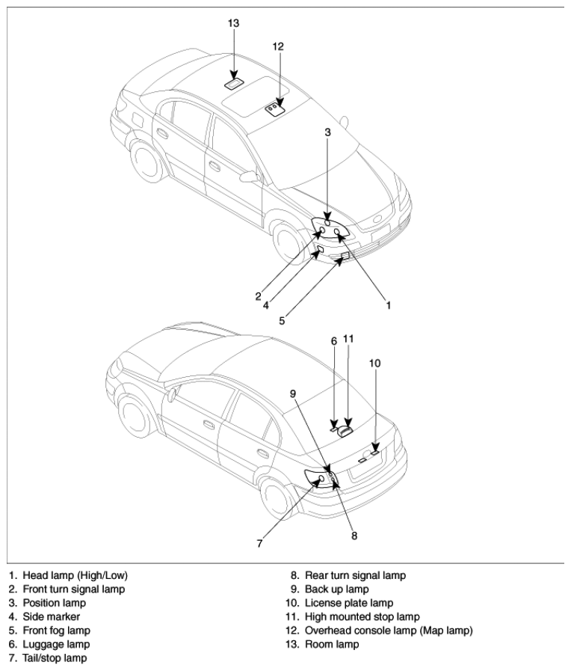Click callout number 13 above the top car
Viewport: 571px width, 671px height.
coord(233,23)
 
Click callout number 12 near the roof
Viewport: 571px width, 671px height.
coord(278,46)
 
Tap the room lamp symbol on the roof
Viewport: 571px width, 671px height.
coord(234,84)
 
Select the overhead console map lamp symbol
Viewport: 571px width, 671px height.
coord(275,109)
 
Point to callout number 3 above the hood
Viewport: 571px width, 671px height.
coord(328,132)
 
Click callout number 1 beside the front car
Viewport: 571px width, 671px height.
coord(389,305)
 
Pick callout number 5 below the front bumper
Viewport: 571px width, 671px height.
coord(282,320)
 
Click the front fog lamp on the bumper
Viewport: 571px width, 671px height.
coord(345,257)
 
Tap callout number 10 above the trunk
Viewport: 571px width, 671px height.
coord(374,364)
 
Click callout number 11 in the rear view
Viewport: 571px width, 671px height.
coord(349,339)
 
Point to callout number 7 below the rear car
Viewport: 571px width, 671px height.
coord(259,544)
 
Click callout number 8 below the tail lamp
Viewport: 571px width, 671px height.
coord(354,536)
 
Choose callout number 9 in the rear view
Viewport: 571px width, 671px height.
coord(293,393)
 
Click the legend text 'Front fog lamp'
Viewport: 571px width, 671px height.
coord(56,631)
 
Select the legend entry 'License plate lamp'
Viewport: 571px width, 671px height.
coord(349,603)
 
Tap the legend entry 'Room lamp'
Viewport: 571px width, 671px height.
coord(332,644)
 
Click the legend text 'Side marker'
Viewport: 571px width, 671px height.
coord(52,616)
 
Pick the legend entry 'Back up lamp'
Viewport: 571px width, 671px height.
coord(337,589)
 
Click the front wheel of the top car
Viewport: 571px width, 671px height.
coord(289,242)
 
